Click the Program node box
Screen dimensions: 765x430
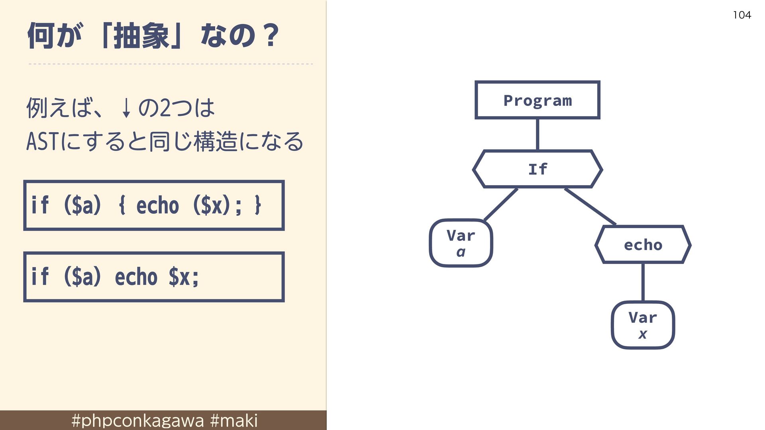coord(537,100)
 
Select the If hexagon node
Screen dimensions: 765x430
coord(537,169)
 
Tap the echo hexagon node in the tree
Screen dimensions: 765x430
coord(643,244)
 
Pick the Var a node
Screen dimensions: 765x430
coord(461,243)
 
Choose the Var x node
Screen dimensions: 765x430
coord(643,325)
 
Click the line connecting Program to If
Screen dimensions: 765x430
coord(537,135)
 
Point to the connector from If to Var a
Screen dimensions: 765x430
coord(500,205)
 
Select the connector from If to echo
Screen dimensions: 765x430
coord(590,207)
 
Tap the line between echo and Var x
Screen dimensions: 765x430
coord(643,282)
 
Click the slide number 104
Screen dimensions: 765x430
coord(742,15)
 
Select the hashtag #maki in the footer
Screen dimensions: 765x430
coord(234,420)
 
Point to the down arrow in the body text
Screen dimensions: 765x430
coord(126,108)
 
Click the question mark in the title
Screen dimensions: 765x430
coord(271,35)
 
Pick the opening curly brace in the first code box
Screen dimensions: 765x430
coord(122,205)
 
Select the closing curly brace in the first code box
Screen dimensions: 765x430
coord(258,205)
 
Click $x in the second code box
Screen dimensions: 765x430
coord(179,277)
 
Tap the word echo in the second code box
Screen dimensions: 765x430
coord(136,277)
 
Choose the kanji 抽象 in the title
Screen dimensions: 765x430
coord(141,36)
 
